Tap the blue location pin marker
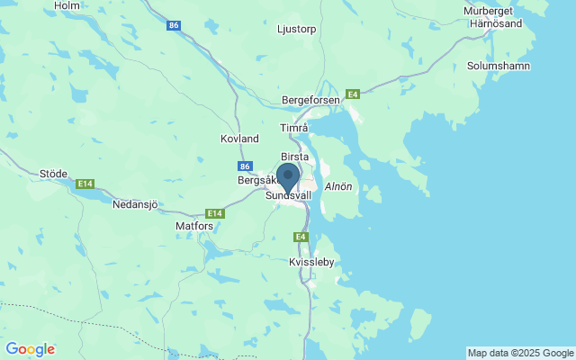[x=288, y=176]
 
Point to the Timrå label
[x=294, y=129]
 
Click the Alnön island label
[x=338, y=186]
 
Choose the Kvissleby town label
[x=313, y=262]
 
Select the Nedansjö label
[x=135, y=204]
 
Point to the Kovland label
[x=239, y=139]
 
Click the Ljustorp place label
[x=297, y=29]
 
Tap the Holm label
[x=67, y=5]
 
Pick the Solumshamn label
[x=499, y=67]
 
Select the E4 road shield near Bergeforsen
[x=354, y=94]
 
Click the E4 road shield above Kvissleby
[x=301, y=237]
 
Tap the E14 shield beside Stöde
[x=85, y=184]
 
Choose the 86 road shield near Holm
[x=174, y=26]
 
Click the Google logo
[x=30, y=349]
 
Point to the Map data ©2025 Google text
[x=520, y=353]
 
